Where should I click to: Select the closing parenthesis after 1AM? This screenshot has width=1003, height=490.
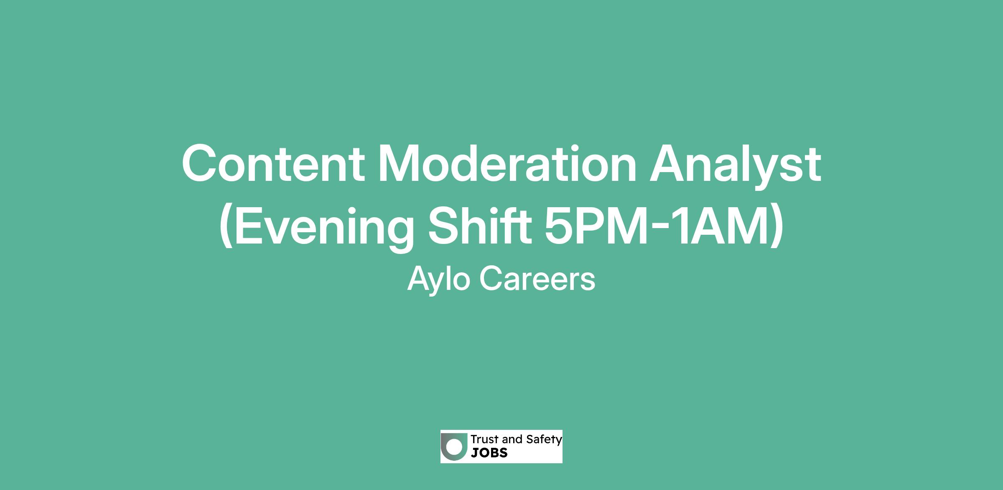[x=776, y=227]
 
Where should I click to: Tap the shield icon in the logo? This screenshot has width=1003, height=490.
[x=455, y=446]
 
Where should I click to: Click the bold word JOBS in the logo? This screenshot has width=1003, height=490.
[x=489, y=453]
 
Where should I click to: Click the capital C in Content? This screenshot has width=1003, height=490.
[x=199, y=164]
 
